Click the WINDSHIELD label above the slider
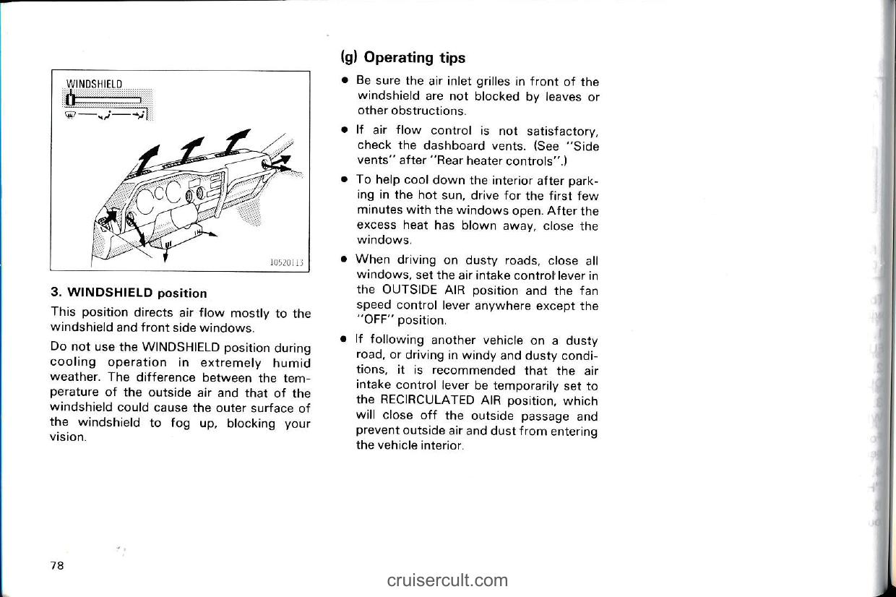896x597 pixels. (93, 82)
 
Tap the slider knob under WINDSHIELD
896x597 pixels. (67, 100)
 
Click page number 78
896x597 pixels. (57, 566)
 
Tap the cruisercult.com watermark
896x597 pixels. (447, 580)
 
